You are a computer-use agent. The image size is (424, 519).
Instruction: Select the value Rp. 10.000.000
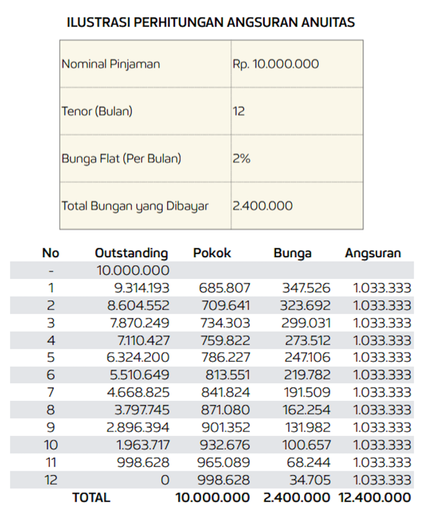tap(275, 64)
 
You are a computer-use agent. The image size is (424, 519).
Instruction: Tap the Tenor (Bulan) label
tap(97, 111)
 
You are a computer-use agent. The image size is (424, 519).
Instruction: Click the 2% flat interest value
tap(241, 159)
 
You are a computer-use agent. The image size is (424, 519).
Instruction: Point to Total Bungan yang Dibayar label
tap(134, 206)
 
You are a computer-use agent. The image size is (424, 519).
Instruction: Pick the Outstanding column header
tap(131, 253)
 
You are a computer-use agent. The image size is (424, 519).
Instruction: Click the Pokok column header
tap(212, 253)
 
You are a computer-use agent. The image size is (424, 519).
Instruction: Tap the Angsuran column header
tap(373, 253)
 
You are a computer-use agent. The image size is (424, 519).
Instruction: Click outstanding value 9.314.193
tap(139, 288)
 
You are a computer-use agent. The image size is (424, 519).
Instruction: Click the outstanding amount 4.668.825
tap(139, 392)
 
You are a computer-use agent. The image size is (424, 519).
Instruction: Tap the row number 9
tap(50, 428)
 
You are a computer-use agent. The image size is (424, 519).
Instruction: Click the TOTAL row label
tap(91, 497)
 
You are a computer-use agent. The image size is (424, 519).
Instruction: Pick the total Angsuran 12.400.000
tap(374, 497)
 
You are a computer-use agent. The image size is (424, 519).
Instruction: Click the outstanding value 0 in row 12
tap(165, 480)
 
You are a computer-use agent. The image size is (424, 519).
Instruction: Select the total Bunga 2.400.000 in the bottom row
tap(296, 497)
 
